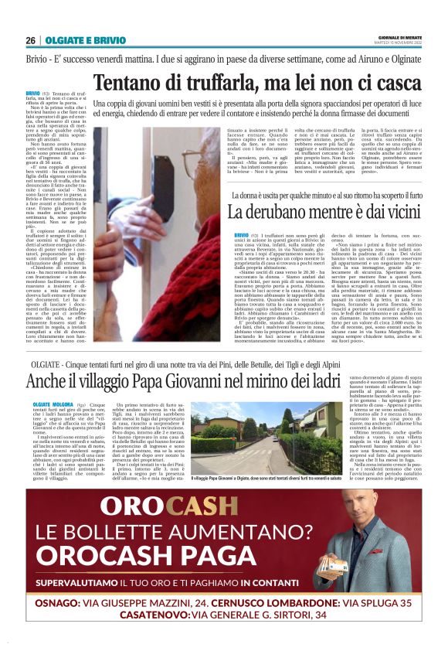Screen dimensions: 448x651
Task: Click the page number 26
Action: point(30,41)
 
